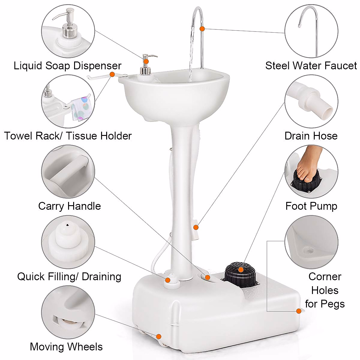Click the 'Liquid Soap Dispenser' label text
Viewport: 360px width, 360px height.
click(67, 66)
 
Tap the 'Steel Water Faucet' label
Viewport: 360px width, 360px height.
click(311, 66)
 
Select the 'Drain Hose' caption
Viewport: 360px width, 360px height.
click(311, 136)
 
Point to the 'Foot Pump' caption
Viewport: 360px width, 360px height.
click(311, 206)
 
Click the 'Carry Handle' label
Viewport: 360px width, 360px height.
click(69, 206)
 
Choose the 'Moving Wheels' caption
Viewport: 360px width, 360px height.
click(66, 347)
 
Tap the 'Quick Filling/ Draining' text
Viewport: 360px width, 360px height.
click(69, 276)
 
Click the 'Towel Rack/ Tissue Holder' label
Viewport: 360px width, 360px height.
click(68, 136)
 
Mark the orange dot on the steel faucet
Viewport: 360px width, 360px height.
click(202, 29)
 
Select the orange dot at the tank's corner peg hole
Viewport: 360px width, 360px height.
click(299, 311)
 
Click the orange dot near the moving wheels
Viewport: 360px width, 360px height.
click(159, 336)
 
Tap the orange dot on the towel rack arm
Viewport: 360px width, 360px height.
click(112, 74)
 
